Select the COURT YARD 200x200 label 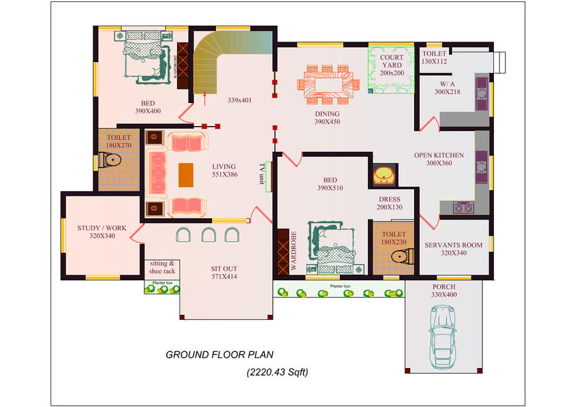pyautogui.click(x=392, y=65)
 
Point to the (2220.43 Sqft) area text pyautogui.click(x=277, y=372)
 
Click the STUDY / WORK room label pyautogui.click(x=102, y=232)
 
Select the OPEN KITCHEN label pyautogui.click(x=438, y=159)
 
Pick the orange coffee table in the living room pyautogui.click(x=185, y=175)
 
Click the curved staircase pyautogui.click(x=211, y=64)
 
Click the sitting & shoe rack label pyautogui.click(x=162, y=267)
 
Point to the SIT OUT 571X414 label pyautogui.click(x=224, y=273)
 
